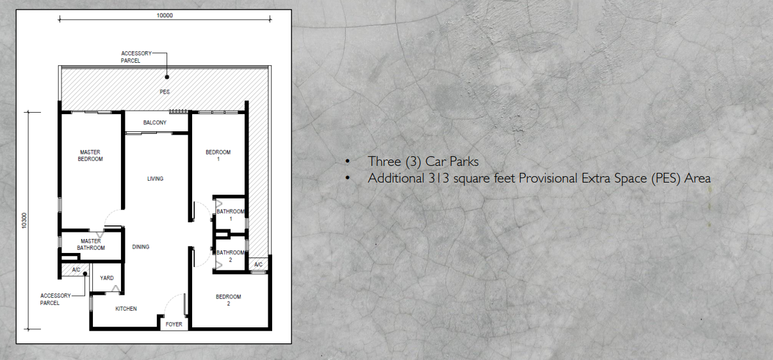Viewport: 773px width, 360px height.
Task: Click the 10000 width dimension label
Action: coord(165,15)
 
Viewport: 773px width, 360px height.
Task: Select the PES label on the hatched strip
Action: coord(165,92)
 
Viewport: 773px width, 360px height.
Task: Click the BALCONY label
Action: coord(155,122)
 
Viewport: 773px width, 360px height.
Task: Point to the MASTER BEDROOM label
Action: coord(90,156)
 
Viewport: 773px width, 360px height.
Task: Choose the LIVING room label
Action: coord(155,179)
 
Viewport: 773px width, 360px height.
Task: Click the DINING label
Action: coord(141,247)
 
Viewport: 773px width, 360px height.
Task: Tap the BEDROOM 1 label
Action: coord(218,156)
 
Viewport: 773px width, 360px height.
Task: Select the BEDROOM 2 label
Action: coord(228,300)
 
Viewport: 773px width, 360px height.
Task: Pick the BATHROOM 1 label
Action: coord(230,215)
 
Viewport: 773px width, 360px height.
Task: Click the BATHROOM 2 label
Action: coord(230,256)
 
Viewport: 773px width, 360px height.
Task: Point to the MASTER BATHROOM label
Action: coord(90,245)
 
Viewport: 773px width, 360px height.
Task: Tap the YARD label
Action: coord(107,278)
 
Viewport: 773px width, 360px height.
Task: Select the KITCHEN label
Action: coord(126,309)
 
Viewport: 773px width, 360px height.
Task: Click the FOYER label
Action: coord(174,324)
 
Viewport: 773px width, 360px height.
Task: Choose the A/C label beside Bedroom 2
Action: coord(258,265)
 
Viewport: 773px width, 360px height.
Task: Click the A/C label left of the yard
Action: coord(76,270)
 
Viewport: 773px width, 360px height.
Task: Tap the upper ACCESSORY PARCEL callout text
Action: coord(136,57)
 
